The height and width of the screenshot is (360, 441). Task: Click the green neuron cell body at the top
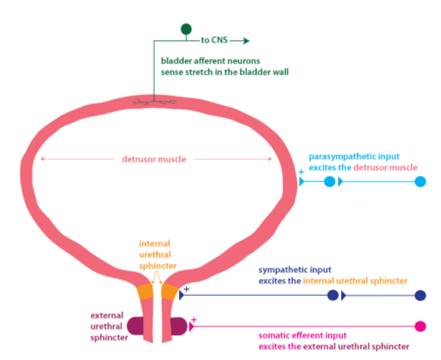186,29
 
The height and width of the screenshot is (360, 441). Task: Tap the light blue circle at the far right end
421,182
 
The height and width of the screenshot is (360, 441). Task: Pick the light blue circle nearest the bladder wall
329,182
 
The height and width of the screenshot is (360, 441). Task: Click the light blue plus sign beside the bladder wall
301,173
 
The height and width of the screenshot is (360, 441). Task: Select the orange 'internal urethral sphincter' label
157,256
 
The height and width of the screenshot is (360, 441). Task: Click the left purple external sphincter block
135,326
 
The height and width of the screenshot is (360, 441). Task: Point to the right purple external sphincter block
179,326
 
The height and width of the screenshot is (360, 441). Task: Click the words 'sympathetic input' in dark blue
297,269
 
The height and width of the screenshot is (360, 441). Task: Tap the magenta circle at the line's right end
421,327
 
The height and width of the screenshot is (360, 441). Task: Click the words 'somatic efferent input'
303,335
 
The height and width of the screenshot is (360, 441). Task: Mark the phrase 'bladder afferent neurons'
205,60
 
